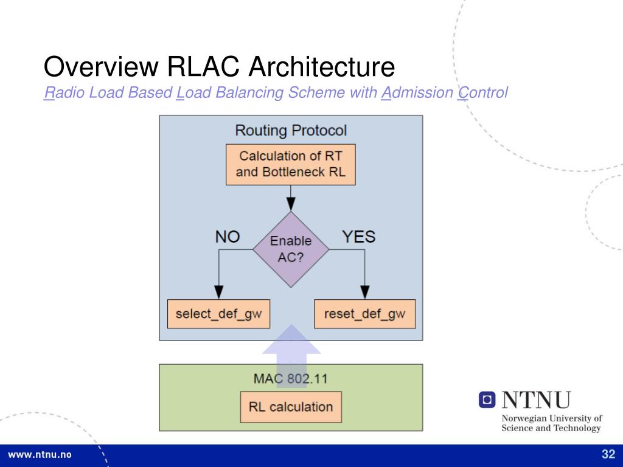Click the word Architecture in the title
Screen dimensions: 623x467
tap(321, 66)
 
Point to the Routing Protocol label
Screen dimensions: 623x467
tap(291, 130)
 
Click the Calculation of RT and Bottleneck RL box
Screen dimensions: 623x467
tap(290, 164)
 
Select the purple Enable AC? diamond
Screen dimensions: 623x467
tap(291, 249)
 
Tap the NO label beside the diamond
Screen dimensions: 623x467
tap(228, 237)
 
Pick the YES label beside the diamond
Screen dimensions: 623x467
tap(358, 237)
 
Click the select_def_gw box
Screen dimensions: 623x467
tap(218, 314)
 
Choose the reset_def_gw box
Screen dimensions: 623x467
tap(365, 314)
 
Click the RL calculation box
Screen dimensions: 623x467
tap(291, 407)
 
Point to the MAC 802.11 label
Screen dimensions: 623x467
tap(291, 378)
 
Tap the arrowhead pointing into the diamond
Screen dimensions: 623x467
tap(291, 204)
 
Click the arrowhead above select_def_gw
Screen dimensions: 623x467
tap(218, 292)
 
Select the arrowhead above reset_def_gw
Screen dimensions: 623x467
tap(365, 292)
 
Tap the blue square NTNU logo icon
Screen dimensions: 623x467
tap(487, 400)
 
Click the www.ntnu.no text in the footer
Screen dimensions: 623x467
tap(40, 455)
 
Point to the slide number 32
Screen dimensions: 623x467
tap(608, 454)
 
